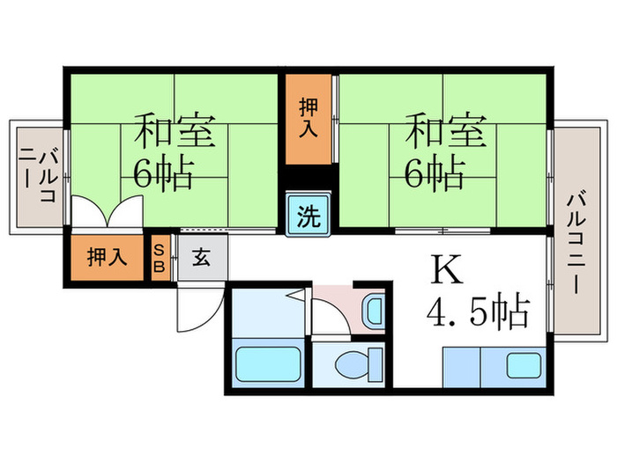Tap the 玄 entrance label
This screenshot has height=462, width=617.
pos(202,258)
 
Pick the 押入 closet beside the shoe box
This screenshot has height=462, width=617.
pos(107,258)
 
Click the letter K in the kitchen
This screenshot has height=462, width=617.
pos(446,269)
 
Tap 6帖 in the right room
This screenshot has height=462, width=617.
pos(434,175)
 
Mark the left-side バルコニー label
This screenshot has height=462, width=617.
pos(39,176)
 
